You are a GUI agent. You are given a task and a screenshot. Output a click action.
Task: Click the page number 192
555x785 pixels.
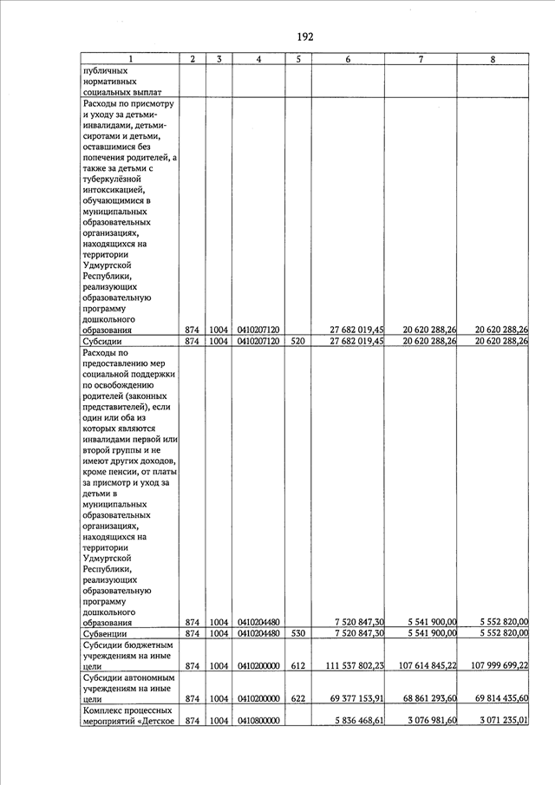[304, 36]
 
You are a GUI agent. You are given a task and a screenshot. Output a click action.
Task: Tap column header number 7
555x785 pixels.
[421, 59]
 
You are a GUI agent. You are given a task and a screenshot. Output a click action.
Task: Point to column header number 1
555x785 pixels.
[130, 59]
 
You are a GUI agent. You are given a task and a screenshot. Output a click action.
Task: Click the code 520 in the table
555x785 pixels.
[297, 342]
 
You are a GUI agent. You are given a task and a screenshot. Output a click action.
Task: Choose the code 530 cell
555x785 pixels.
[297, 634]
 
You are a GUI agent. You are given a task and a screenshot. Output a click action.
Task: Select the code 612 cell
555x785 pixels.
[297, 665]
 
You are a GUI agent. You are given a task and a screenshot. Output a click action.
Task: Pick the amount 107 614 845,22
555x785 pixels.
[421, 665]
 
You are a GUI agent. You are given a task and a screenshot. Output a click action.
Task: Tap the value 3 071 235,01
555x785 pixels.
[497, 721]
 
